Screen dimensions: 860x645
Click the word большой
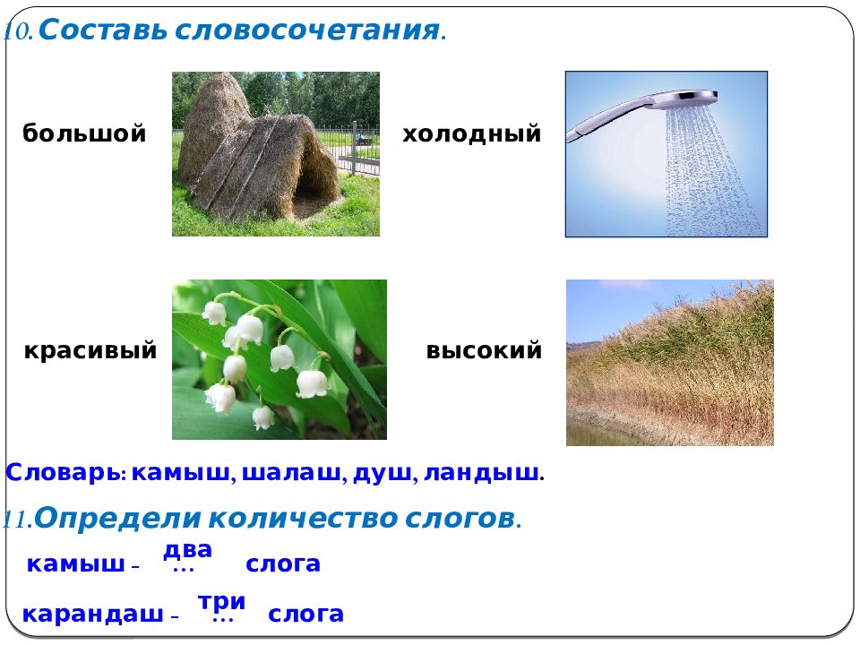click(x=84, y=133)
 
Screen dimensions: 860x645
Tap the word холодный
click(x=472, y=133)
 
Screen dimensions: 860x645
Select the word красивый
click(x=90, y=350)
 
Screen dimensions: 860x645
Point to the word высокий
click(x=484, y=350)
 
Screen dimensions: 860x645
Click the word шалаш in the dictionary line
click(x=291, y=473)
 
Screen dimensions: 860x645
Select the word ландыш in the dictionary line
click(x=481, y=473)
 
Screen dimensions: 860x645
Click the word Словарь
click(x=65, y=473)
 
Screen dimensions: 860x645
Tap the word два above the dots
click(x=187, y=549)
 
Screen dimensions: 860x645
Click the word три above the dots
click(x=221, y=602)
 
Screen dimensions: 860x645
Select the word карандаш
click(x=92, y=615)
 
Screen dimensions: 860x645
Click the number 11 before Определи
click(x=16, y=520)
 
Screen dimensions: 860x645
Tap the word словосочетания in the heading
click(x=307, y=30)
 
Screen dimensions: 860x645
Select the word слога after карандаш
click(x=305, y=615)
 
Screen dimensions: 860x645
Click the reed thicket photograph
click(x=670, y=363)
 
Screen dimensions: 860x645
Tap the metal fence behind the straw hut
click(x=357, y=148)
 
